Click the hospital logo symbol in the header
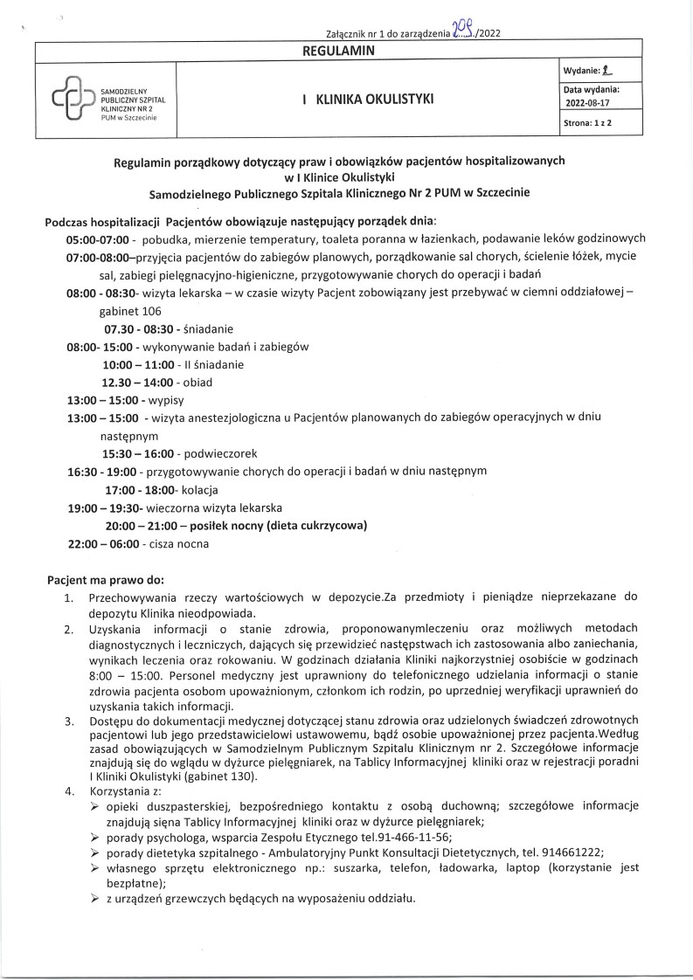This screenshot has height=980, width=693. (x=74, y=101)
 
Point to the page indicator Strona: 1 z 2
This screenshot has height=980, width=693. (x=587, y=123)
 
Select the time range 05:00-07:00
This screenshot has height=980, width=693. (x=98, y=238)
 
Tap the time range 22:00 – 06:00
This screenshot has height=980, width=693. (x=103, y=543)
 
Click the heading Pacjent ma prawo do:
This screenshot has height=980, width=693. (x=105, y=579)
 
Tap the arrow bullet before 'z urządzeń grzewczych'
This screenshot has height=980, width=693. (x=94, y=899)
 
